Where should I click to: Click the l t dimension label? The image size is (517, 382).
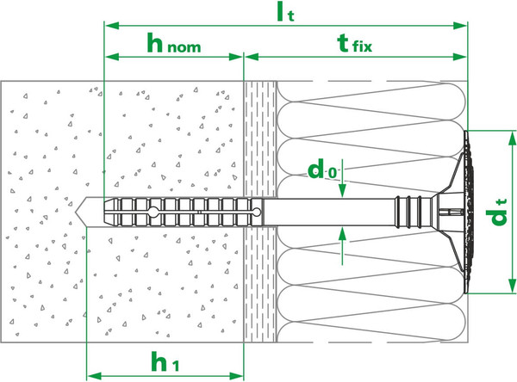285,11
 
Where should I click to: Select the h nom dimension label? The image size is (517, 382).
174,43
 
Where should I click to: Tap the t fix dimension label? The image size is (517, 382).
355,44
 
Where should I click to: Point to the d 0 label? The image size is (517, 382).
322,169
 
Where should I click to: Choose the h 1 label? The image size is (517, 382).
165,361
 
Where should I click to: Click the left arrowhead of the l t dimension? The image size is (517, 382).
112,26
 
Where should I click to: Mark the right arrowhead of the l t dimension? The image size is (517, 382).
460,26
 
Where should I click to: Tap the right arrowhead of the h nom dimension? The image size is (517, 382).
236,57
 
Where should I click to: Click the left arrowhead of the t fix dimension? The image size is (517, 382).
252,57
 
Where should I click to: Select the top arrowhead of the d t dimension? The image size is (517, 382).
512,138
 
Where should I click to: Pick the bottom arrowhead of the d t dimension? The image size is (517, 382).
512,286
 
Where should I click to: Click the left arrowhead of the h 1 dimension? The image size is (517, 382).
94,376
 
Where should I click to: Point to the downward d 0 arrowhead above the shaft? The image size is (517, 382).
342,191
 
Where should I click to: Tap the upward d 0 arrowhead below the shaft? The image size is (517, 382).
342,234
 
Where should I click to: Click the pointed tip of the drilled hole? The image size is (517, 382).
76,213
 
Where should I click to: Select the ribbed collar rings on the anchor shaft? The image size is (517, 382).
408,213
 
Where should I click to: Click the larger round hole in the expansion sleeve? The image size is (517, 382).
153,212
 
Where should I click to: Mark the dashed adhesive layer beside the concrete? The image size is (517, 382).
260,212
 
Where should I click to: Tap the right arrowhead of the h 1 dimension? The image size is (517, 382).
236,376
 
